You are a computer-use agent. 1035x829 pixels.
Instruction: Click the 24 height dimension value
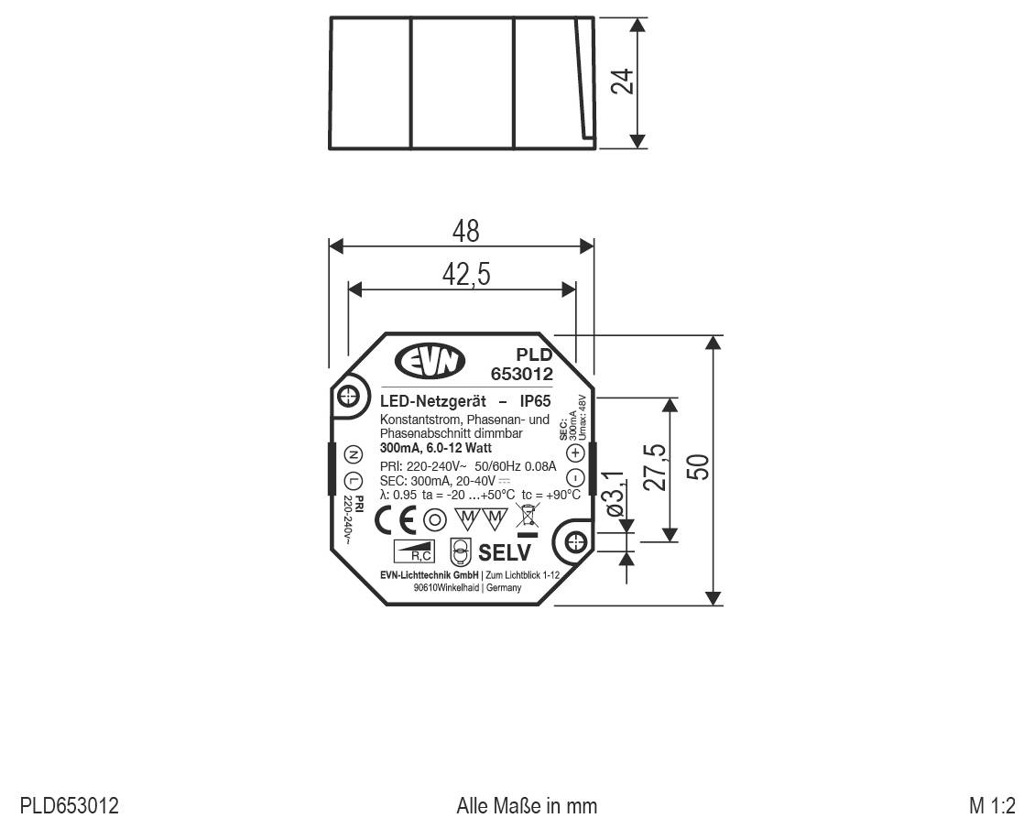[624, 81]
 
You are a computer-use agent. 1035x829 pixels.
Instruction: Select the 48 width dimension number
[465, 231]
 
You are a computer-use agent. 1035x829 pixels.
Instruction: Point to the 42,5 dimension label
[465, 274]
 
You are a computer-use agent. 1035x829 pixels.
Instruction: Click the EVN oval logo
[430, 361]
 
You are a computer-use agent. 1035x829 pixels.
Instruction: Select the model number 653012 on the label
[522, 374]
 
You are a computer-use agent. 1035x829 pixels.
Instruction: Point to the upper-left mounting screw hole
[347, 397]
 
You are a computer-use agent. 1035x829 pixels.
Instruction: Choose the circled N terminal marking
[354, 454]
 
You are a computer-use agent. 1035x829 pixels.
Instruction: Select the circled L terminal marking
[354, 482]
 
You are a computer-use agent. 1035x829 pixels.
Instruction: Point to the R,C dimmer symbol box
[414, 551]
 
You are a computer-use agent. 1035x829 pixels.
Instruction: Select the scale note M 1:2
[992, 807]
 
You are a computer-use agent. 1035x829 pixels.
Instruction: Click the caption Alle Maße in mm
[527, 807]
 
